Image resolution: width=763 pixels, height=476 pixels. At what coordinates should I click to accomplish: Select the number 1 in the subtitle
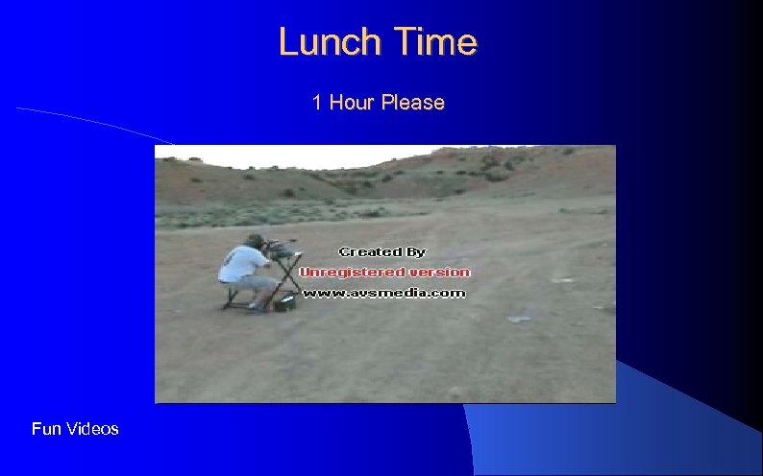(x=317, y=103)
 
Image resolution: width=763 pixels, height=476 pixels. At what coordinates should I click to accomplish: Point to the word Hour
(x=351, y=103)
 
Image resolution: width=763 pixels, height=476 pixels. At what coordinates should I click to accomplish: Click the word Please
(x=412, y=103)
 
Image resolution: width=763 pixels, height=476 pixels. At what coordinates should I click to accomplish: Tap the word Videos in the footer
(x=92, y=429)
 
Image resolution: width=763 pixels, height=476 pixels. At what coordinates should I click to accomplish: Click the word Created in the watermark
(x=369, y=251)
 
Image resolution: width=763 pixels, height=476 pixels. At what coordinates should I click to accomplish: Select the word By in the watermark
(x=415, y=251)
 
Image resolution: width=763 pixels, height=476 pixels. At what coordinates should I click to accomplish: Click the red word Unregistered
(x=348, y=273)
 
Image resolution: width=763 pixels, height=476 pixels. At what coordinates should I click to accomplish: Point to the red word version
(x=434, y=273)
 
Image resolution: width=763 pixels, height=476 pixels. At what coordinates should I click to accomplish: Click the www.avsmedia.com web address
(x=384, y=293)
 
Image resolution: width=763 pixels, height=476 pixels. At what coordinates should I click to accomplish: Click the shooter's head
(x=255, y=241)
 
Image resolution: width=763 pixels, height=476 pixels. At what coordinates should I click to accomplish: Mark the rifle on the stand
(x=282, y=246)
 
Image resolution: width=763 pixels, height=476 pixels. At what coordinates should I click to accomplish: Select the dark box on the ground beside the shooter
(x=284, y=304)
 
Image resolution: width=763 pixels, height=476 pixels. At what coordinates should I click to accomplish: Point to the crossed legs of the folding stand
(x=286, y=279)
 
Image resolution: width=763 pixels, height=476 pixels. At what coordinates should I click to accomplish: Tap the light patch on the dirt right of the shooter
(x=520, y=318)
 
